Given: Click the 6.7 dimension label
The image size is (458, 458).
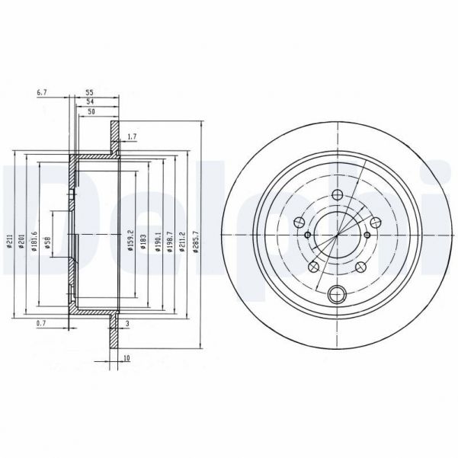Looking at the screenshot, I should (x=42, y=93).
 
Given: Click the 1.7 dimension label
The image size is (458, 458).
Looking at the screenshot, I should (x=133, y=137).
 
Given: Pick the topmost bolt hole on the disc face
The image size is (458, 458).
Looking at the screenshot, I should (x=336, y=195).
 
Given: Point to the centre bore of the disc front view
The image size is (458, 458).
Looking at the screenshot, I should (x=336, y=231).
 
